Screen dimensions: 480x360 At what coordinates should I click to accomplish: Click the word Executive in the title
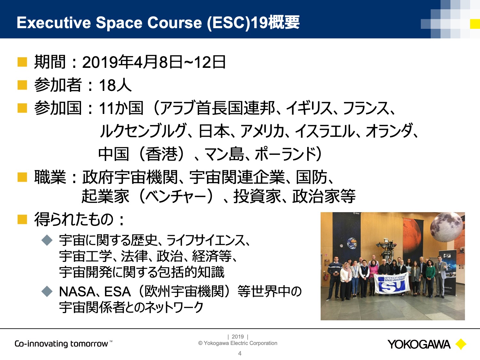point(54,22)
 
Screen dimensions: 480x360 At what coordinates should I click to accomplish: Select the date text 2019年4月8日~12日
point(154,62)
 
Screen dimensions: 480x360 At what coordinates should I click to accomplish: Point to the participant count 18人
point(115,85)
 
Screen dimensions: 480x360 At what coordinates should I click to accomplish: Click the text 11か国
point(121,108)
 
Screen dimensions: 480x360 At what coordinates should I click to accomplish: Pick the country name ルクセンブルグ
point(143,131)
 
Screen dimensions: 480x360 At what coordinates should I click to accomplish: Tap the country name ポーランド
point(285,154)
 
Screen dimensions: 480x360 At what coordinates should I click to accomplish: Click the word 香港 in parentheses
point(162,154)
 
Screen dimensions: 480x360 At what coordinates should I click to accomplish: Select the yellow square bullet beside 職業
point(22,177)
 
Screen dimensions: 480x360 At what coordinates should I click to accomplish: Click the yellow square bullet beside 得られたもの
point(22,220)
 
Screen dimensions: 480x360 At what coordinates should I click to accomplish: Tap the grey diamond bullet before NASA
point(47,292)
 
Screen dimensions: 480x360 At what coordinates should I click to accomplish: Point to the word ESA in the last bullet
point(117,292)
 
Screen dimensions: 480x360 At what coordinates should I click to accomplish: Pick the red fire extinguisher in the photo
point(326,276)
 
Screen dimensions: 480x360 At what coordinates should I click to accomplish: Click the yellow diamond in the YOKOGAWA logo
point(461,345)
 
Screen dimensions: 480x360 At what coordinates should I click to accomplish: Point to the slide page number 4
point(240,354)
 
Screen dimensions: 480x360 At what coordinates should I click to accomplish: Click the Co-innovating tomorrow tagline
point(63,344)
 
